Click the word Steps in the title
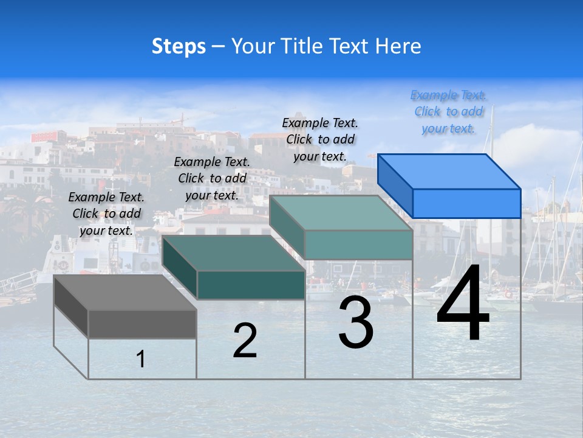(179, 46)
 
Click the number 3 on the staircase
(356, 323)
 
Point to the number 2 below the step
(245, 341)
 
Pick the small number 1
(141, 360)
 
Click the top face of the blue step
(449, 172)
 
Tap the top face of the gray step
(125, 293)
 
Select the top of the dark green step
(233, 253)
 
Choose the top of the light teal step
(341, 213)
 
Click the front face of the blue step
(466, 203)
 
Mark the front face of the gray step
(142, 324)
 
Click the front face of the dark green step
(250, 285)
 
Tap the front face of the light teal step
(358, 245)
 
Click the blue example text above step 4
(448, 112)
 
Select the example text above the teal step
(320, 139)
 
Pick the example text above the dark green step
(212, 178)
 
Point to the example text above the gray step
(106, 214)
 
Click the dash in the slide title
(218, 47)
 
